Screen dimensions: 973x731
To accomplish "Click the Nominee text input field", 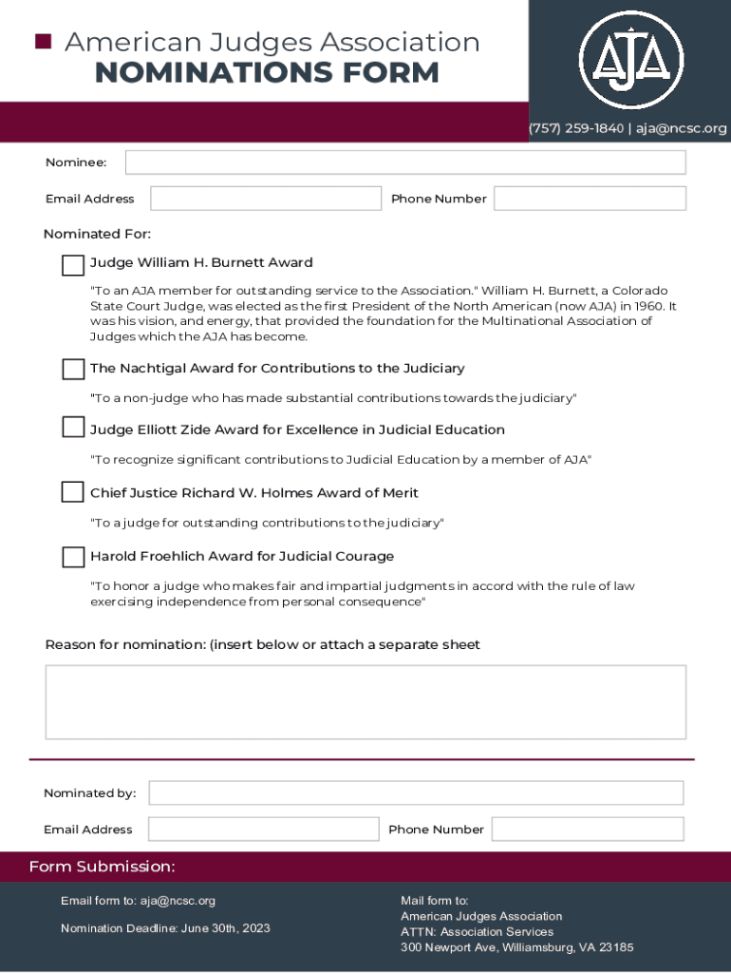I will pyautogui.click(x=405, y=162).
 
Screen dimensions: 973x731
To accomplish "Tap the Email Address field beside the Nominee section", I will pyautogui.click(x=265, y=199).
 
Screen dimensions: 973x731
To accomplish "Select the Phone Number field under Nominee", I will pyautogui.click(x=590, y=199).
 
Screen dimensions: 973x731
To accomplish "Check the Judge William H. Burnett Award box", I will pyautogui.click(x=73, y=265).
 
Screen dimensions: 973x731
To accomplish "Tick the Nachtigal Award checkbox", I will pyautogui.click(x=73, y=369).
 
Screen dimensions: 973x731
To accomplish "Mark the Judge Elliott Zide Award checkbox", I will pyautogui.click(x=73, y=428).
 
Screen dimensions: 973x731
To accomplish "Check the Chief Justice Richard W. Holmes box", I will pyautogui.click(x=73, y=492).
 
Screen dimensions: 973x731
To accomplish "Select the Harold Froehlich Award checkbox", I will pyautogui.click(x=73, y=557).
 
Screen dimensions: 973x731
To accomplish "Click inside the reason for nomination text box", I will pyautogui.click(x=365, y=702).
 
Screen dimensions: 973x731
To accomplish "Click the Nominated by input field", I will pyautogui.click(x=416, y=792).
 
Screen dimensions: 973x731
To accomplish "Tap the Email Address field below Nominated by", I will pyautogui.click(x=263, y=829).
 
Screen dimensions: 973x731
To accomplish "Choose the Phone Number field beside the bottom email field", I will pyautogui.click(x=588, y=829).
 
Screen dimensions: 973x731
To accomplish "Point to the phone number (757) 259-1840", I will pyautogui.click(x=576, y=128).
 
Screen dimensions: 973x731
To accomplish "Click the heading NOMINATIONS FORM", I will pyautogui.click(x=267, y=72).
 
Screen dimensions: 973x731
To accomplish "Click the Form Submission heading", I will pyautogui.click(x=102, y=867).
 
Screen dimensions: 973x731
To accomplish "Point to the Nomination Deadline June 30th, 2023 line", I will pyautogui.click(x=165, y=928).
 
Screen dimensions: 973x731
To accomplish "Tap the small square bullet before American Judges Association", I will pyautogui.click(x=42, y=41).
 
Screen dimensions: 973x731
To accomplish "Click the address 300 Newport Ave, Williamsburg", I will pyautogui.click(x=516, y=947).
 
